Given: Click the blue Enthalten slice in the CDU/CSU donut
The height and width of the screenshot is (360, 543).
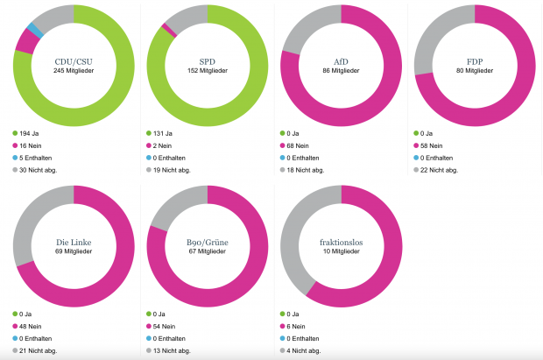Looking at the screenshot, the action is (x=35, y=31).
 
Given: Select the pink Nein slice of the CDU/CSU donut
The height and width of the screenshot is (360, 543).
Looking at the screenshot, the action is (x=27, y=41).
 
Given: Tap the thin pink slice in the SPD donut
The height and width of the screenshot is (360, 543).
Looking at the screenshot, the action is (x=169, y=30).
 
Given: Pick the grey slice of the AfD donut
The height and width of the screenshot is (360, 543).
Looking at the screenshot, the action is (x=308, y=27).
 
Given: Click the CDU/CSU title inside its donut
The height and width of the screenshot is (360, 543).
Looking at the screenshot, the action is (x=74, y=61).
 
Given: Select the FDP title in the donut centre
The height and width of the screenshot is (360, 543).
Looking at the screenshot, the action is (x=475, y=61).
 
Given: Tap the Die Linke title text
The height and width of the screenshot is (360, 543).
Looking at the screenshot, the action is (x=74, y=243).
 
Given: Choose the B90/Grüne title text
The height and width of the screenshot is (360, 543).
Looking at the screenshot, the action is (x=208, y=243).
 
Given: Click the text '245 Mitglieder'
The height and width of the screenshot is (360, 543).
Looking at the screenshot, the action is (x=74, y=71).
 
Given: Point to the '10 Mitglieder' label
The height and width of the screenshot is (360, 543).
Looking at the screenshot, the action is (x=341, y=251).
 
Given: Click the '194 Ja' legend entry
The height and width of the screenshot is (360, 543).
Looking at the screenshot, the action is (x=25, y=133).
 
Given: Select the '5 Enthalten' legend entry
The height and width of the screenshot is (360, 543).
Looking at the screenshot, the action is (x=32, y=158).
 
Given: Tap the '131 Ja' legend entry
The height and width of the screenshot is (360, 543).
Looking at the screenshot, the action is (x=159, y=133).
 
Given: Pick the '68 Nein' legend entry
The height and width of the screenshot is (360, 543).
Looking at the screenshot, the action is (x=294, y=145).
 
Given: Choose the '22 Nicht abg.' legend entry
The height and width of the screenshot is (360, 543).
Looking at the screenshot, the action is (x=435, y=170).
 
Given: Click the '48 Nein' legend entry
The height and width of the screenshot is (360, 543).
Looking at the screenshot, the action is (x=27, y=327).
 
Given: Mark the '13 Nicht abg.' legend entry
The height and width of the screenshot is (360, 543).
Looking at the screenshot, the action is (x=168, y=350).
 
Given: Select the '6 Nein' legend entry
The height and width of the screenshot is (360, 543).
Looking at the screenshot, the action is (x=293, y=327).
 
